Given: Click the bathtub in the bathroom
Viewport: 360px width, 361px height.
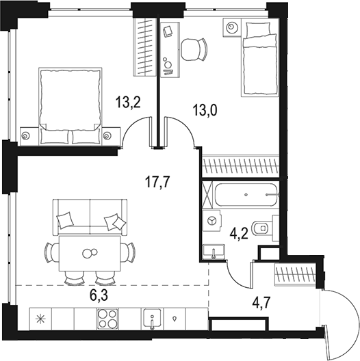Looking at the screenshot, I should click(244, 195).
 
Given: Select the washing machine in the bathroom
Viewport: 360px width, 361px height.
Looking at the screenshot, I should click(213, 221).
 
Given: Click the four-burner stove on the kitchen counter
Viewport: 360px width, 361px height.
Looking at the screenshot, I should click(108, 318).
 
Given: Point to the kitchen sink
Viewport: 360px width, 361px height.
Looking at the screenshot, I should click(151, 319).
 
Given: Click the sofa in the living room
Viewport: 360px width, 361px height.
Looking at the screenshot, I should click(90, 215).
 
